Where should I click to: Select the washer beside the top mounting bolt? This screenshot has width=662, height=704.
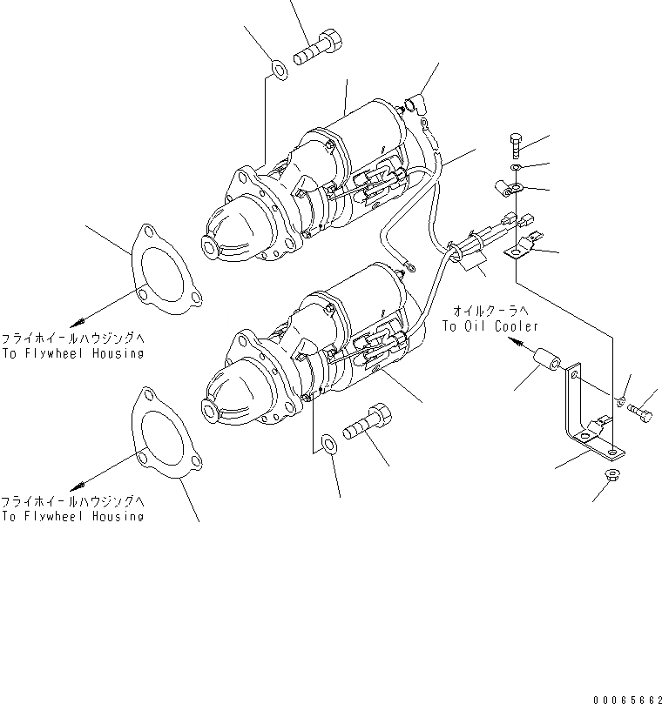(277, 68)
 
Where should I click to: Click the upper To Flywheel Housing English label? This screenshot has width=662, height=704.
(72, 354)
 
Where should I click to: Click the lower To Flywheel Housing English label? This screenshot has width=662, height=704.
(72, 516)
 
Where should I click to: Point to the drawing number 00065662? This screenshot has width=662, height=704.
(626, 698)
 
